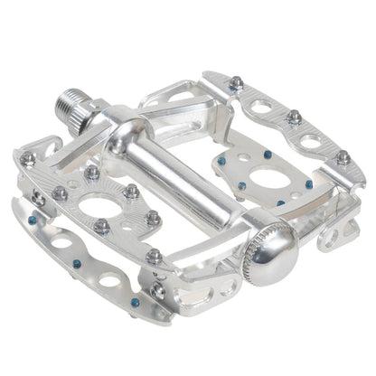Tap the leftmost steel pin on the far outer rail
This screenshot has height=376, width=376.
point(236,82)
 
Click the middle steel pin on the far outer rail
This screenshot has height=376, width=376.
point(294,117)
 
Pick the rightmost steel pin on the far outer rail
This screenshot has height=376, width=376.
point(343,157)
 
